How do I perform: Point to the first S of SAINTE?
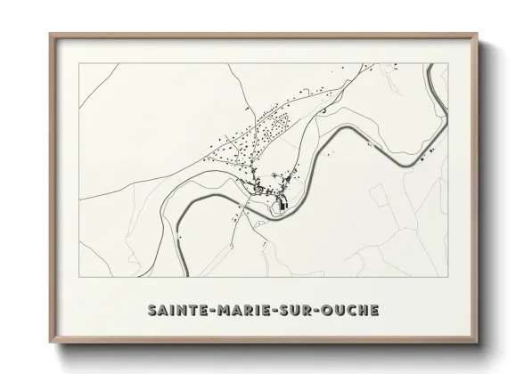pos(147,311)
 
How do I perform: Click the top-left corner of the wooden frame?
pos(50,34)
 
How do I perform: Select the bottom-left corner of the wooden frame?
pos(50,344)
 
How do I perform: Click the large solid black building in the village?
pos(284,205)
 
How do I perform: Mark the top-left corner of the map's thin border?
pos(80,63)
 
